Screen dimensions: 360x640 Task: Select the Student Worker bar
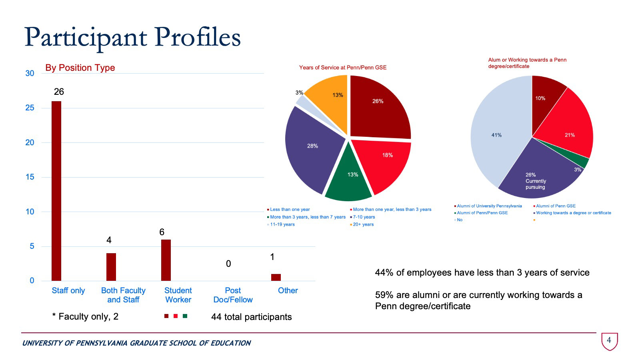(x=166, y=260)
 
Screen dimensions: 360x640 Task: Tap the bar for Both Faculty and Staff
(x=111, y=267)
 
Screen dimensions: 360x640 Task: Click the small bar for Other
(x=276, y=277)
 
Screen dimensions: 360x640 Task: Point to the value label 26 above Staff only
(x=59, y=92)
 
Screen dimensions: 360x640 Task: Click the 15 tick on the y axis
(x=30, y=177)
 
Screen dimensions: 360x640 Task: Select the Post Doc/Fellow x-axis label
(x=233, y=295)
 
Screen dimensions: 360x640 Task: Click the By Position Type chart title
(x=80, y=68)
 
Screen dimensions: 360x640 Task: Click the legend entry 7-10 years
(x=364, y=217)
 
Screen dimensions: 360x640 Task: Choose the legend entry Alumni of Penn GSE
(x=556, y=206)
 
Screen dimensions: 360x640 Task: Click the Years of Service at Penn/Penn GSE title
(x=343, y=68)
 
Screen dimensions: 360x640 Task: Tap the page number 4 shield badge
(x=609, y=341)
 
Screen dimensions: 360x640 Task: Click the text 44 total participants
(x=251, y=317)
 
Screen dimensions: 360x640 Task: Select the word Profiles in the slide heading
(x=198, y=37)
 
